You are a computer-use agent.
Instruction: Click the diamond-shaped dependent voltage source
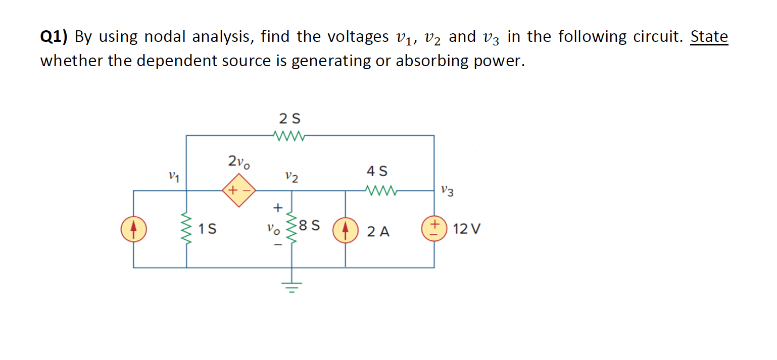coord(239,191)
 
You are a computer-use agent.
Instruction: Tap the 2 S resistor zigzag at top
coord(288,135)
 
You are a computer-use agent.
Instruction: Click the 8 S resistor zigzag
coord(292,229)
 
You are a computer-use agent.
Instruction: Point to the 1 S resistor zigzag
coord(187,229)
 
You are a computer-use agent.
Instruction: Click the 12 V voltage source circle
coord(434,229)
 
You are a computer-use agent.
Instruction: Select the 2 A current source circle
coord(346,230)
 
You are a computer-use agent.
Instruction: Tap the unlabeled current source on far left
coord(133,229)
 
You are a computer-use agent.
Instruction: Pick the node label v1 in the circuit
coord(175,177)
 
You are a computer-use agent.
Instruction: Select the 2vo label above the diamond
coord(238,162)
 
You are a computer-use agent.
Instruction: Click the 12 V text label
coord(467,230)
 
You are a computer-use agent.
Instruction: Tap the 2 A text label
coord(378,232)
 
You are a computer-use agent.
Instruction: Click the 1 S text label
coord(207,230)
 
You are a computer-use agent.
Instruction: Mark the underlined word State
coord(709,37)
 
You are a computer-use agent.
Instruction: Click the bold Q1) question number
coord(55,37)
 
